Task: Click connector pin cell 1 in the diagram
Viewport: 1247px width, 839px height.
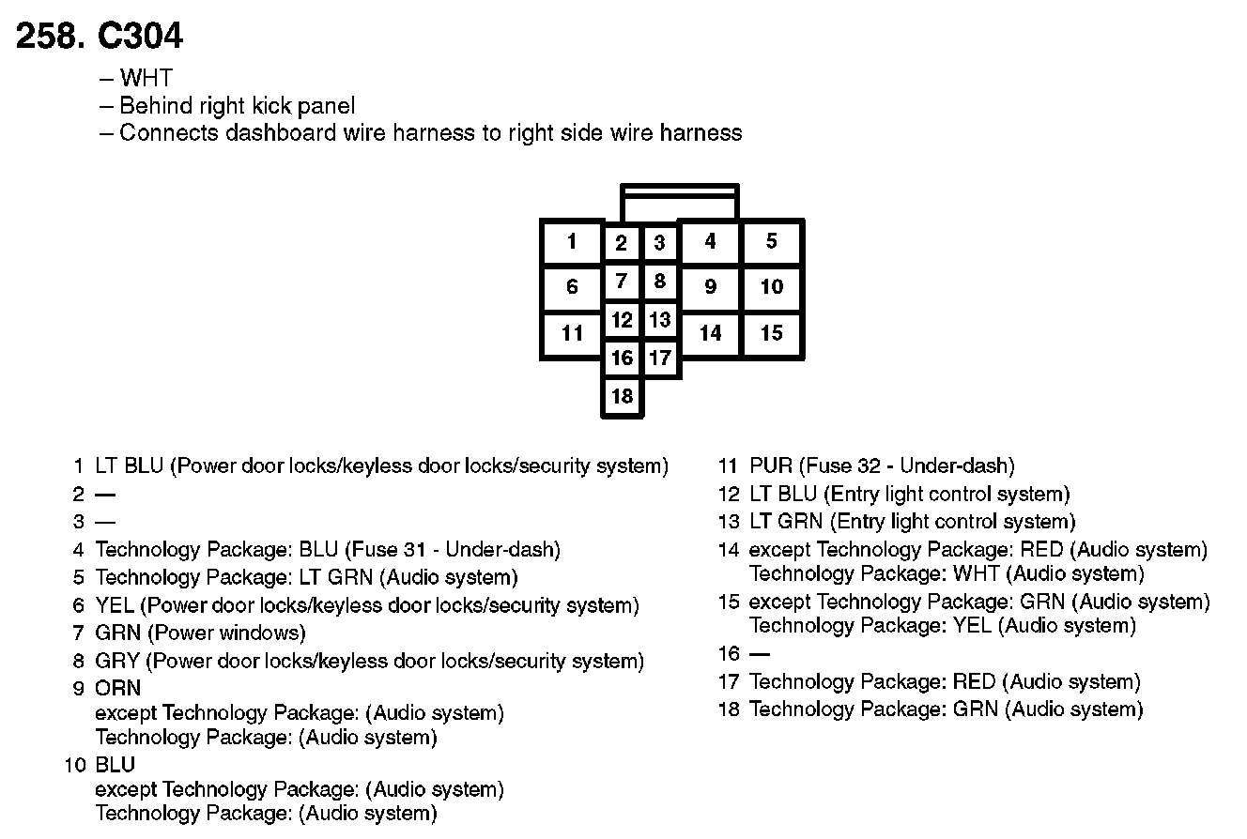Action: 572,242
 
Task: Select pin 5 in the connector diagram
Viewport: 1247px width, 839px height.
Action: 771,241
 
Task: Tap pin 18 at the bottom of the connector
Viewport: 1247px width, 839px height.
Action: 623,396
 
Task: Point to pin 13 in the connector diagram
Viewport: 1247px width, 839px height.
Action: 660,320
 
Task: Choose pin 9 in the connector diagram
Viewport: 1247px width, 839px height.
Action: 710,286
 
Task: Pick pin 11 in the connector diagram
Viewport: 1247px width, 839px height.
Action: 572,332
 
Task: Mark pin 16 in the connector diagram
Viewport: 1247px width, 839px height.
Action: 622,358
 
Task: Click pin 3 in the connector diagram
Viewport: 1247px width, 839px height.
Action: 660,243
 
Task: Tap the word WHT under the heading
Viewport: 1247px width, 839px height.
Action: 146,79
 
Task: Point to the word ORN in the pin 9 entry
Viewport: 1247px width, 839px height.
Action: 117,688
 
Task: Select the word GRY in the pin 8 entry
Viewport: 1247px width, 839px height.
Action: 117,661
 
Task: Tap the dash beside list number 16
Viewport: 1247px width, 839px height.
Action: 759,653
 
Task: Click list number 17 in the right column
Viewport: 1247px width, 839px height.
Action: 729,682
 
